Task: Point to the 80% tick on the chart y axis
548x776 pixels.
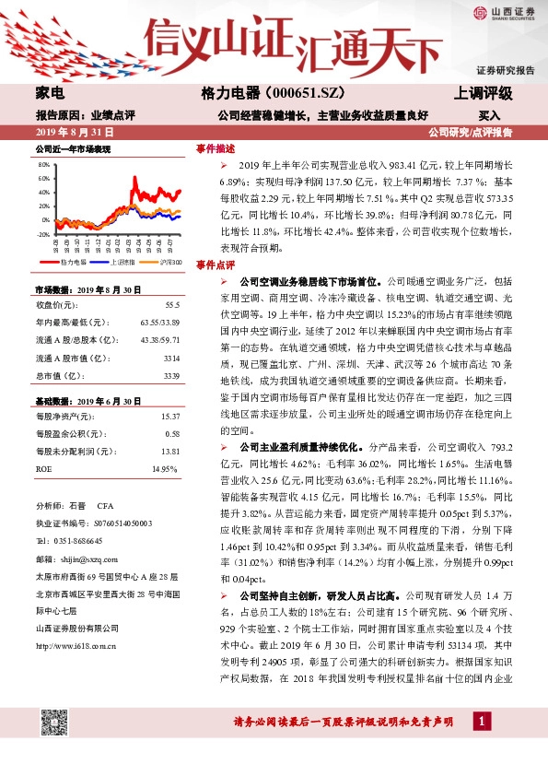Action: pos(44,165)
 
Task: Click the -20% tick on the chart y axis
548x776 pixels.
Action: pos(43,234)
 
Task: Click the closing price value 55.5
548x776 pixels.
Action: pos(171,303)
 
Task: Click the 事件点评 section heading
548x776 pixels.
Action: pos(216,265)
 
